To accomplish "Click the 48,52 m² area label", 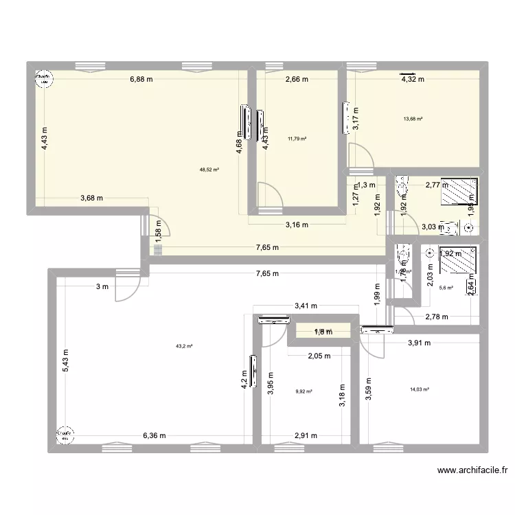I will pyautogui.click(x=209, y=169).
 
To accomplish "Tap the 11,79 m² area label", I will pyautogui.click(x=297, y=139).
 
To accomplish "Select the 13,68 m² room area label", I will pyautogui.click(x=413, y=118).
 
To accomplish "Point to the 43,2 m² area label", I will pyautogui.click(x=184, y=346).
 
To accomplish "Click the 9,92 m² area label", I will pyautogui.click(x=304, y=392).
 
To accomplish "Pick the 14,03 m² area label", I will pyautogui.click(x=419, y=389).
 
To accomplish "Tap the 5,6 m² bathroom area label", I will pyautogui.click(x=446, y=288).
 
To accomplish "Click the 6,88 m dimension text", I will pyautogui.click(x=141, y=79).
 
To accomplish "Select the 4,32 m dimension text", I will pyautogui.click(x=413, y=79).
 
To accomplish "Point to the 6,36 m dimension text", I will pyautogui.click(x=154, y=435).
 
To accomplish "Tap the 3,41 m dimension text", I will pyautogui.click(x=306, y=307).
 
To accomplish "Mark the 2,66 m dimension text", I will pyautogui.click(x=297, y=79).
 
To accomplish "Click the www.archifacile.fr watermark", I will pyautogui.click(x=472, y=471).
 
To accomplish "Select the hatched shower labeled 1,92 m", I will pyautogui.click(x=457, y=262).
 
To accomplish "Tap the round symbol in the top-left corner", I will pyautogui.click(x=43, y=80).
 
